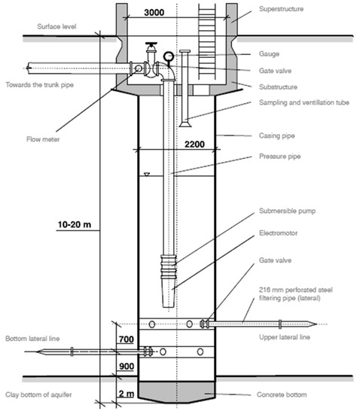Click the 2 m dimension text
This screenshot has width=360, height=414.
tap(126, 393)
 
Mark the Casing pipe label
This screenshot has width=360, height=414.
tap(274, 136)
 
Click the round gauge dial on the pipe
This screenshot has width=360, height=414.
tap(166, 56)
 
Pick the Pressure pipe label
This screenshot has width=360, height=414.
tap(276, 158)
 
